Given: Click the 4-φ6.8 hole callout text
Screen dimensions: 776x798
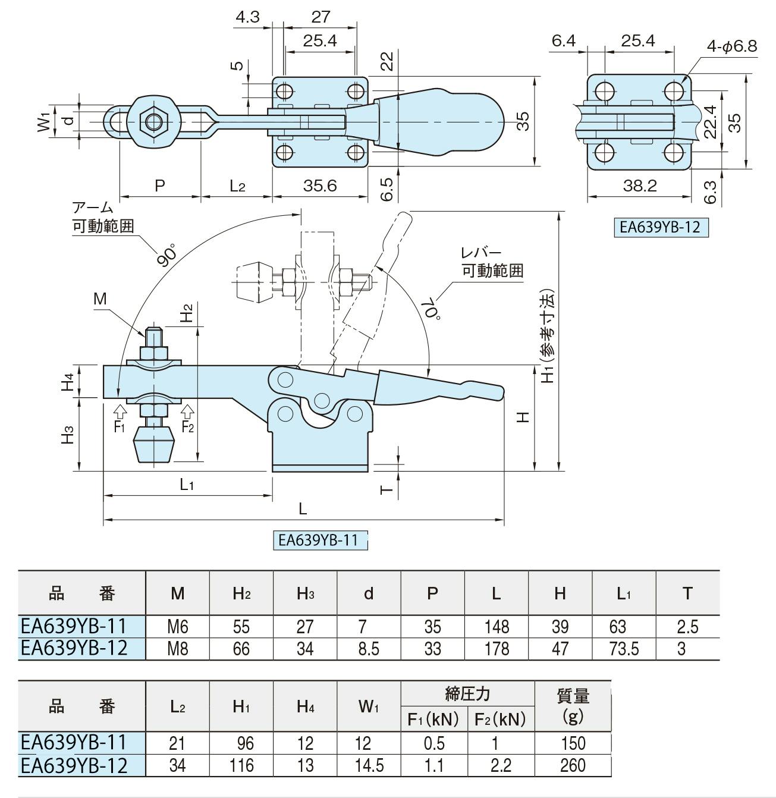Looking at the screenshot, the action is [731, 46].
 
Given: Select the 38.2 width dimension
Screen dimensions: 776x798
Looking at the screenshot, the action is [640, 186].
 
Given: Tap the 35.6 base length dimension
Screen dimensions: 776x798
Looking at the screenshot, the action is [320, 186].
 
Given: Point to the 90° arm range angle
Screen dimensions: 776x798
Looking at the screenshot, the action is [167, 256].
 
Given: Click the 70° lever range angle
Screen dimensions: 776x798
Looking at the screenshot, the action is [432, 309].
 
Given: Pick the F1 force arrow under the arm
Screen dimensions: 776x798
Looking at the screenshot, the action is [121, 410].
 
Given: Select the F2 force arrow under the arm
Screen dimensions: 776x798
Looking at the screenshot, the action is [187, 410].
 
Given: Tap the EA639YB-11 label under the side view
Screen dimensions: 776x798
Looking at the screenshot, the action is [318, 540].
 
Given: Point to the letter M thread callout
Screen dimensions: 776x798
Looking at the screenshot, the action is [100, 299].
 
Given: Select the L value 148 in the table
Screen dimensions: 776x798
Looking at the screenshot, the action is [497, 627].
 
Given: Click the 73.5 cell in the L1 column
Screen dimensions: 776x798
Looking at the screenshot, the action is [624, 649].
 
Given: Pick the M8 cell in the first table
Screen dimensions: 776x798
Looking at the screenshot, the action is [178, 649].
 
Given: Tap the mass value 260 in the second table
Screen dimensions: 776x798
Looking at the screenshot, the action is [573, 765].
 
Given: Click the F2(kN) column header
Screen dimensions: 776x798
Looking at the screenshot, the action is [500, 719].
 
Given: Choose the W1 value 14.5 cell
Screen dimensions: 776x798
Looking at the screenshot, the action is [369, 765].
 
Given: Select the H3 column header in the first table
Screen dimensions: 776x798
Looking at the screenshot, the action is [305, 593].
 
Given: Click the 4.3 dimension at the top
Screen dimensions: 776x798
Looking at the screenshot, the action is [248, 17].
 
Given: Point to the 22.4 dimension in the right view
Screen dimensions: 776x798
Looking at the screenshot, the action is [709, 122].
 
